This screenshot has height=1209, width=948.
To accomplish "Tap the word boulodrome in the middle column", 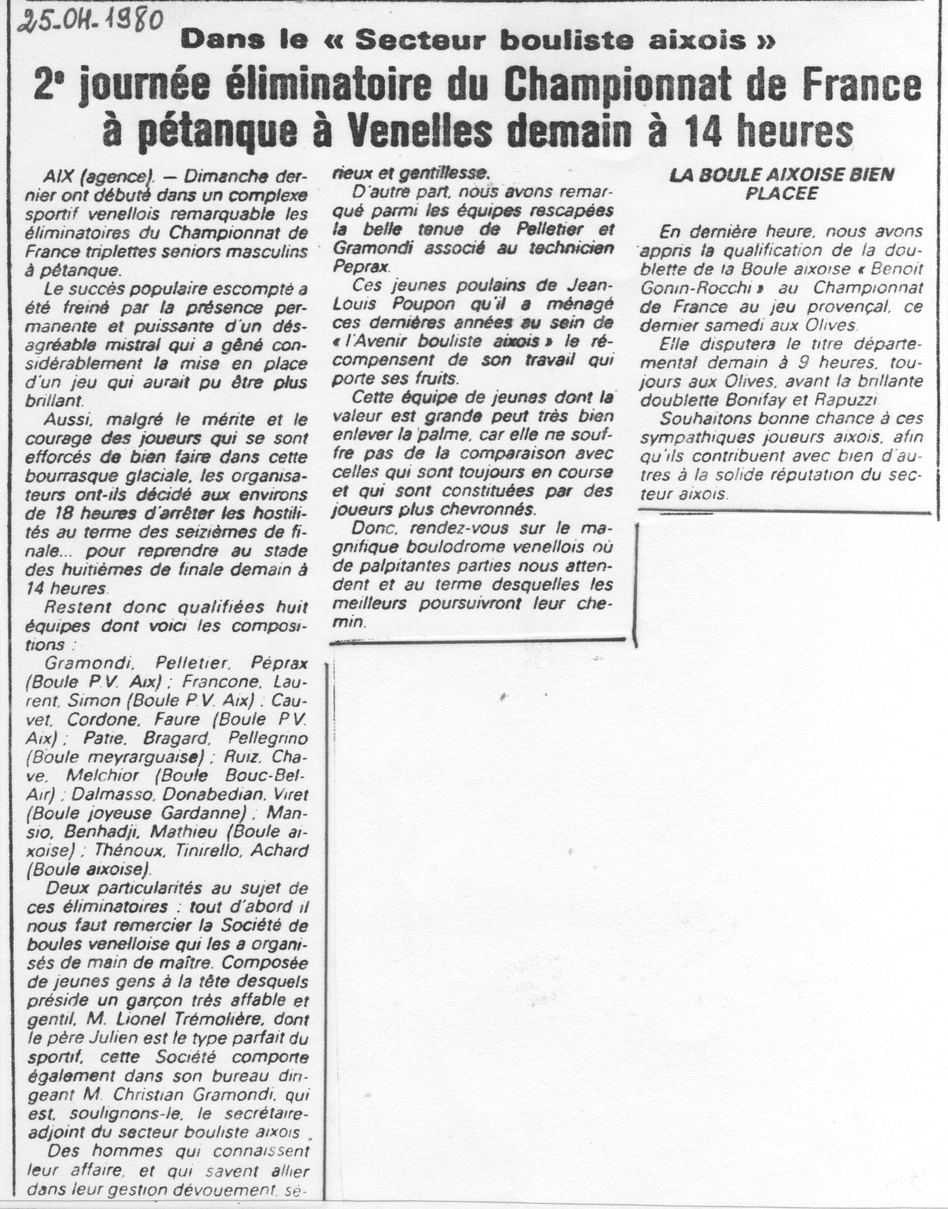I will pos(489,547).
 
